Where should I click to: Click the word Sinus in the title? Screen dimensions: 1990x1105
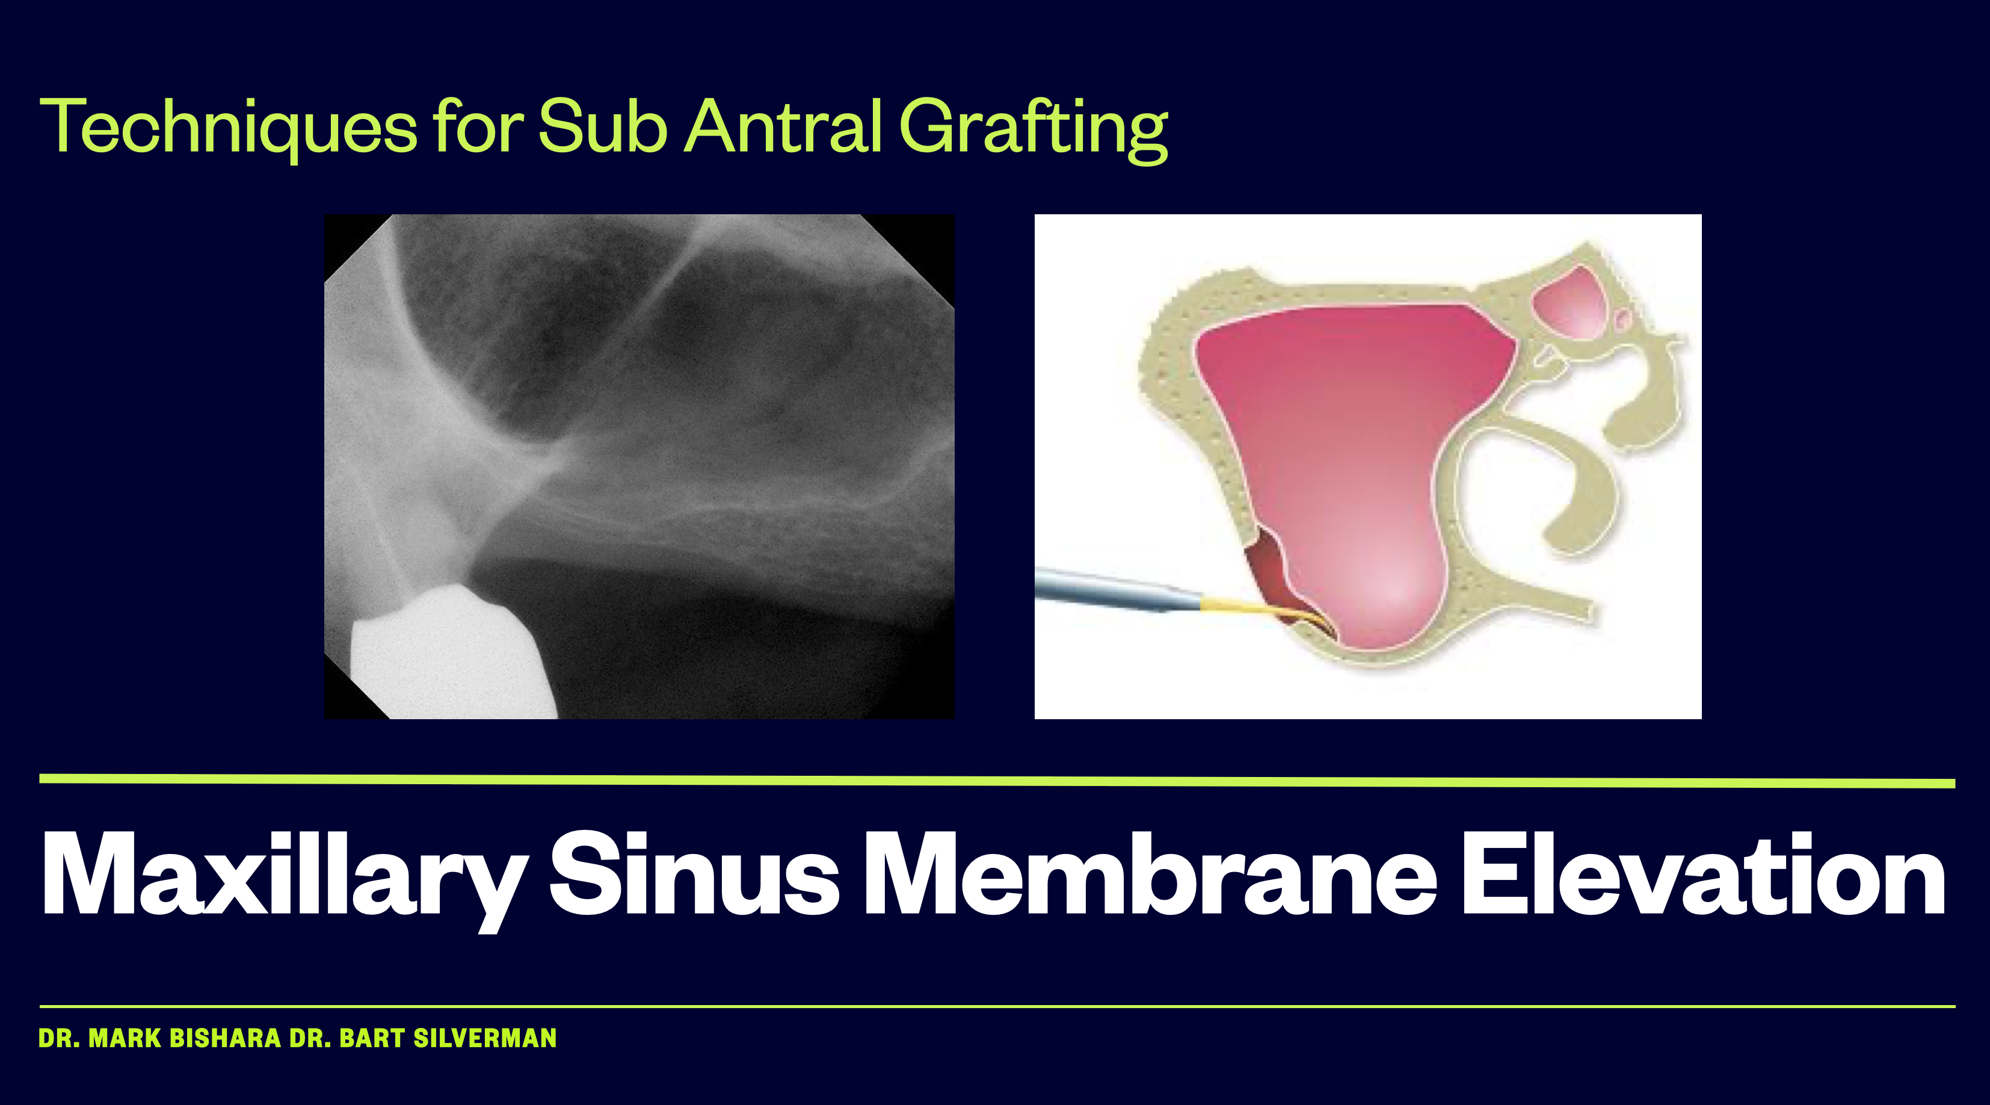pyautogui.click(x=694, y=873)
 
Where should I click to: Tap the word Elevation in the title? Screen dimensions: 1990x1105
pyautogui.click(x=1702, y=873)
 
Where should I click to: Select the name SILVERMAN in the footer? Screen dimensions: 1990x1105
pyautogui.click(x=485, y=1038)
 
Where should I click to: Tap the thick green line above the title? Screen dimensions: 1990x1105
pyautogui.click(x=997, y=781)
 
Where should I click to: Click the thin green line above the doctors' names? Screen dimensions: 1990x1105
pyautogui.click(x=997, y=1007)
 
